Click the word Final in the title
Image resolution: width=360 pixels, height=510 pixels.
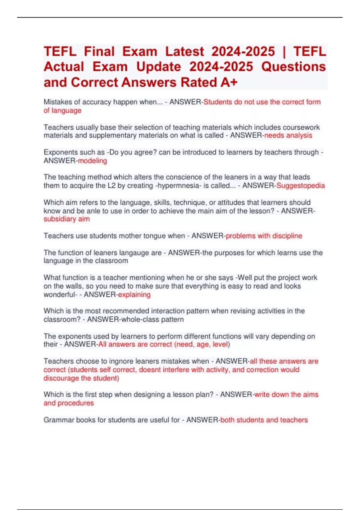pos(99,52)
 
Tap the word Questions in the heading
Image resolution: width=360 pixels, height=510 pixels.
pos(293,67)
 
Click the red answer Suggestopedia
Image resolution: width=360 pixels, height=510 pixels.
pos(301,186)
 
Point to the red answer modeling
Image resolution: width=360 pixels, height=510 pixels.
pos(92,161)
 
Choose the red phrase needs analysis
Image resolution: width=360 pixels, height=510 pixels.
pos(288,136)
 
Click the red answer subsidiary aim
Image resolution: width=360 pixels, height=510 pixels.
pos(67,219)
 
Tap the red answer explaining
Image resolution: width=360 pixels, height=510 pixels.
pos(134,295)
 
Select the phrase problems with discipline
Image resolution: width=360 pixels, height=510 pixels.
pos(264,236)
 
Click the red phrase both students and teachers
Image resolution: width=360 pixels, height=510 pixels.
pos(264,420)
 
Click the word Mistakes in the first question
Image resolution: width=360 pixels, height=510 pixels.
pos(58,102)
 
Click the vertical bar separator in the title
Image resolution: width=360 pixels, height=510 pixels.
pos(284,52)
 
